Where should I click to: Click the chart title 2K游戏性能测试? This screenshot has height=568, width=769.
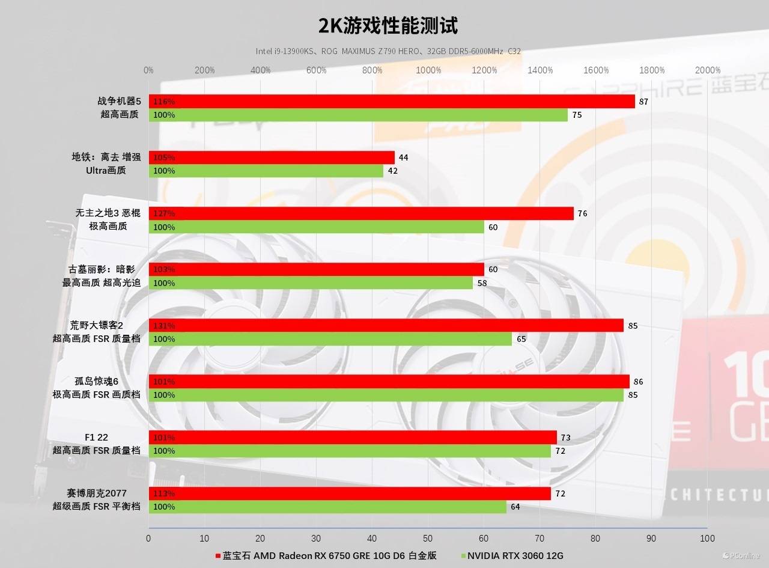388,26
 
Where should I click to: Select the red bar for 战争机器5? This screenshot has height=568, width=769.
391,102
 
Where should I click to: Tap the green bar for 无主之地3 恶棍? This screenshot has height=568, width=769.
316,227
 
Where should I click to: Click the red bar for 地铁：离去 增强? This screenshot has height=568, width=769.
272,157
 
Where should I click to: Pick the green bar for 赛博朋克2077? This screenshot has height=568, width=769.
327,507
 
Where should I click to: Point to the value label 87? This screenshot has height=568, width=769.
643,102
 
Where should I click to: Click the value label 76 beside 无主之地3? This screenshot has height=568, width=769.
582,213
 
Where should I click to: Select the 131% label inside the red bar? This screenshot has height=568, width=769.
164,326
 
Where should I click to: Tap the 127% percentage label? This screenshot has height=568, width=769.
164,213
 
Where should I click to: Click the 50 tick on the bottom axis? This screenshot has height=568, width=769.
428,539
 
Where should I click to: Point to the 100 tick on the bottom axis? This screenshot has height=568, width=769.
707,539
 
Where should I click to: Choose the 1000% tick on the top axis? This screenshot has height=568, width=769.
428,70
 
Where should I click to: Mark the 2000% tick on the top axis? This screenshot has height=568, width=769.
708,70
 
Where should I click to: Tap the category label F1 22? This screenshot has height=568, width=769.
96,437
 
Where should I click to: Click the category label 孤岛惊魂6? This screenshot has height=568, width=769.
96,381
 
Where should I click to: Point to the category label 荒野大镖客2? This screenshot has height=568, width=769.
96,325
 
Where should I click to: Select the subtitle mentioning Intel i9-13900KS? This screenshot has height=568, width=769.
388,52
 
